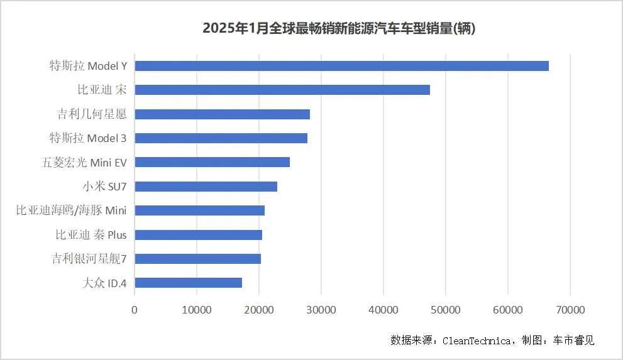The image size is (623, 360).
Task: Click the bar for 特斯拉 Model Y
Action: (341, 66)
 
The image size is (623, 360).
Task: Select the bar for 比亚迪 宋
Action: (282, 90)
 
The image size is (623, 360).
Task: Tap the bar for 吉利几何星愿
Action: (222, 114)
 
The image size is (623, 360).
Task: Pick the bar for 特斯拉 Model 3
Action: (221, 138)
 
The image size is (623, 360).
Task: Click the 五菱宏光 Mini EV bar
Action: (212, 162)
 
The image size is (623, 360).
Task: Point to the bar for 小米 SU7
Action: (206, 187)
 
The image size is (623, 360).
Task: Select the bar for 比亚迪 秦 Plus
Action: (198, 234)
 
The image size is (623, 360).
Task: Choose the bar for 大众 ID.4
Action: (188, 283)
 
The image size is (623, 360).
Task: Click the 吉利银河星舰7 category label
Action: (89, 259)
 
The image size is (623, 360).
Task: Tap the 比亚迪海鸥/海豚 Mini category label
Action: (71, 210)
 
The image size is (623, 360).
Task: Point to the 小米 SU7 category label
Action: (104, 187)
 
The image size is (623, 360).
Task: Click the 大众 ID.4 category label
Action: (104, 283)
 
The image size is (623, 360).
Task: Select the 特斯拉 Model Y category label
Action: (88, 66)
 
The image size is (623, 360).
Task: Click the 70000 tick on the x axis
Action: (570, 310)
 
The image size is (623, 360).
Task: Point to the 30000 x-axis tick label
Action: (321, 310)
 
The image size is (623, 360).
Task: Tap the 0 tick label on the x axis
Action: (135, 310)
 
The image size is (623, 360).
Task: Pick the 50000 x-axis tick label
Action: (445, 310)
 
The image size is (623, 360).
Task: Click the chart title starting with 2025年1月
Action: (339, 29)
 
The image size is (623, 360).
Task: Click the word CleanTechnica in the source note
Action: (477, 341)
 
